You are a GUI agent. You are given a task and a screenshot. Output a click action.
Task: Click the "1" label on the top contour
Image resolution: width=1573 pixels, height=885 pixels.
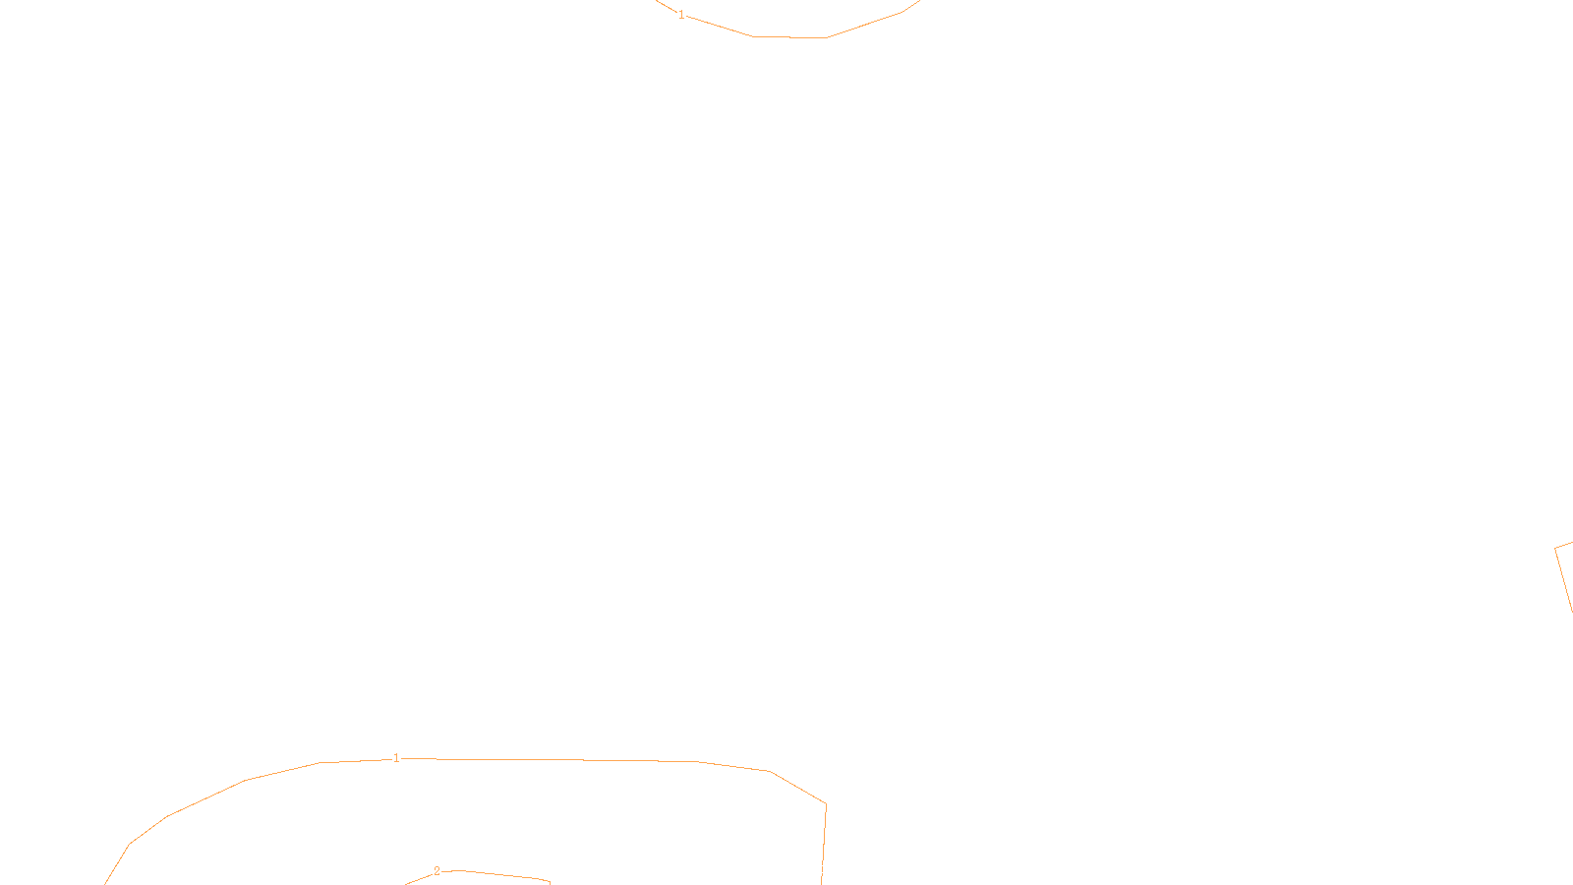pos(681,15)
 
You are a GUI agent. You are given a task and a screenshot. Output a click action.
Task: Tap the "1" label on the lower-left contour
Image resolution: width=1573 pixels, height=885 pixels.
pos(396,758)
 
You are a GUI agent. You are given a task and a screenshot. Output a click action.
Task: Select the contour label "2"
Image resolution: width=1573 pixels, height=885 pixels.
pos(437,871)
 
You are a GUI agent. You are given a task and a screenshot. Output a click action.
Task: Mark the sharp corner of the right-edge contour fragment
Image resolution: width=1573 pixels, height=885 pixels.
pos(1555,549)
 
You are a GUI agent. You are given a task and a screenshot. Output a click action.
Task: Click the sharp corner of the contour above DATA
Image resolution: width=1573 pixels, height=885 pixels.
pos(826,805)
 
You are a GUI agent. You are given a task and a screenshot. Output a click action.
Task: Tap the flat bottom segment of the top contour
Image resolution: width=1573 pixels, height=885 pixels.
pos(789,37)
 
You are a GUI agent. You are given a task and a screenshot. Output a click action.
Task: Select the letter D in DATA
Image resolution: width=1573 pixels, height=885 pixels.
pos(821,869)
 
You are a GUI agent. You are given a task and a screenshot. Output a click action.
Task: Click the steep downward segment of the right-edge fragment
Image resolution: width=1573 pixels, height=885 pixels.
pos(1564,581)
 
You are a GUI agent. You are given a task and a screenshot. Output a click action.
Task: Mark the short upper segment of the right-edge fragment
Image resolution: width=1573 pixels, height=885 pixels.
pos(1564,546)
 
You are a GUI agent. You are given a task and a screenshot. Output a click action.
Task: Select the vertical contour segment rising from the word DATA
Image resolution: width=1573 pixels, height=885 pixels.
pos(824,836)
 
